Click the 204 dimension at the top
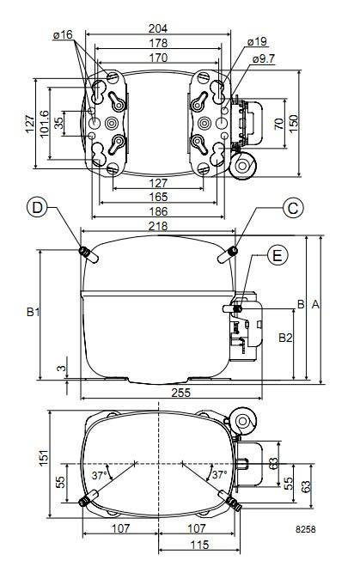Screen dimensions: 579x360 (158, 28)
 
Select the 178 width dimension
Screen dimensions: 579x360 (158, 43)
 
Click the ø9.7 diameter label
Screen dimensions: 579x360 (264, 58)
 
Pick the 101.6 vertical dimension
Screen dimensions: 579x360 (44, 125)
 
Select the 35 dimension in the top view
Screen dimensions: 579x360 (59, 123)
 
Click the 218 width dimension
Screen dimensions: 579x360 (158, 225)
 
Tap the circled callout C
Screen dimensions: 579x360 (293, 207)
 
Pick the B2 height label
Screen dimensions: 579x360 (285, 338)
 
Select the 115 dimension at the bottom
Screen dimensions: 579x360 (199, 545)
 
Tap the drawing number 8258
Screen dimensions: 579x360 (306, 531)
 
